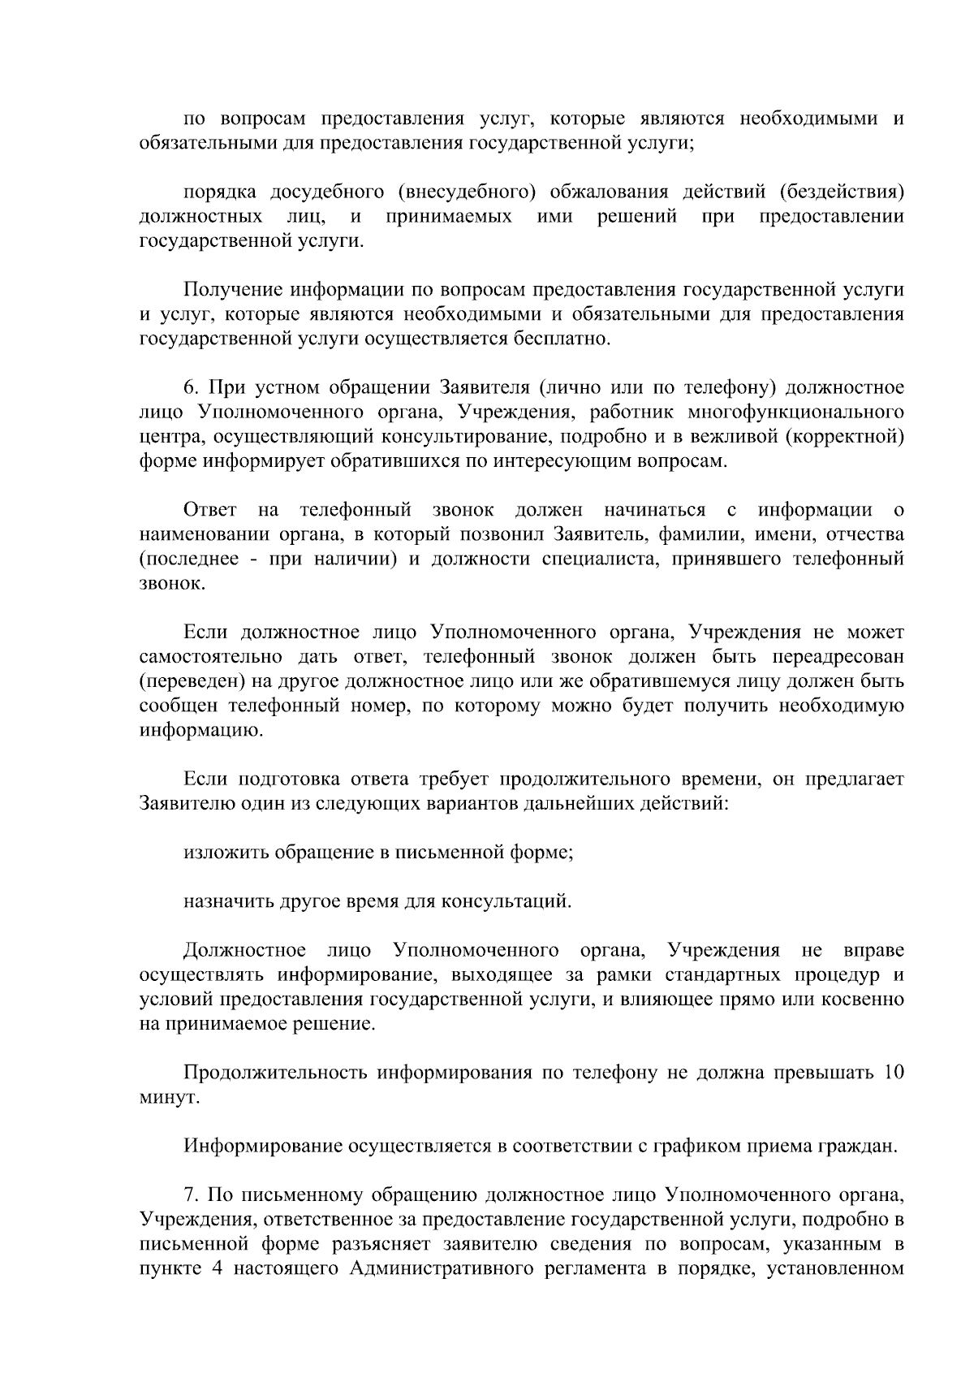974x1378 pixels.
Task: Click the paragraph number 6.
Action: (x=190, y=387)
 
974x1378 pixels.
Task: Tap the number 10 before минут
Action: (x=893, y=1072)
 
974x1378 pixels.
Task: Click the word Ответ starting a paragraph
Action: (x=210, y=510)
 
